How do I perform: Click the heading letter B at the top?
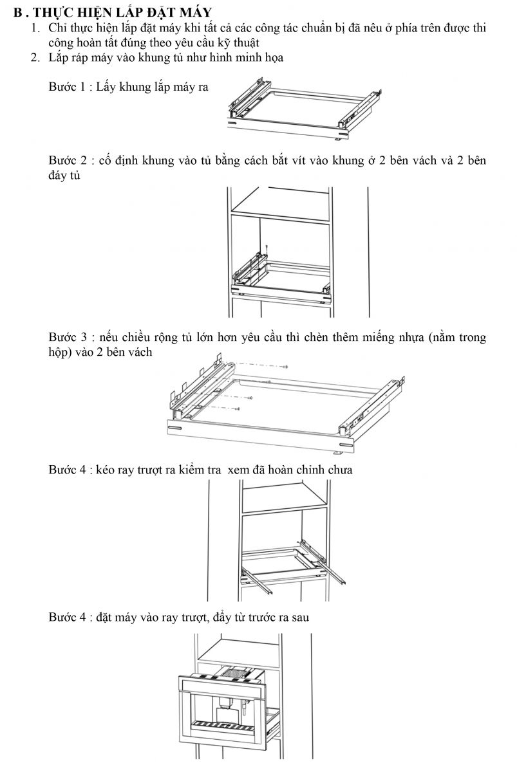tap(17, 13)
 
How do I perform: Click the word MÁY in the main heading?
tap(195, 12)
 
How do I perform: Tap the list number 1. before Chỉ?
tap(36, 28)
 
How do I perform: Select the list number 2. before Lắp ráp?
tap(35, 57)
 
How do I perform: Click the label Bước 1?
tap(67, 87)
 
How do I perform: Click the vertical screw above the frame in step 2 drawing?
tap(267, 250)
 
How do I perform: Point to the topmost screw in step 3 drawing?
tap(285, 367)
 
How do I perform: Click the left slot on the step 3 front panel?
tap(175, 428)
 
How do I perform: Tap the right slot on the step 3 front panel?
tap(346, 445)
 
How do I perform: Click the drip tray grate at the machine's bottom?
tap(224, 723)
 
